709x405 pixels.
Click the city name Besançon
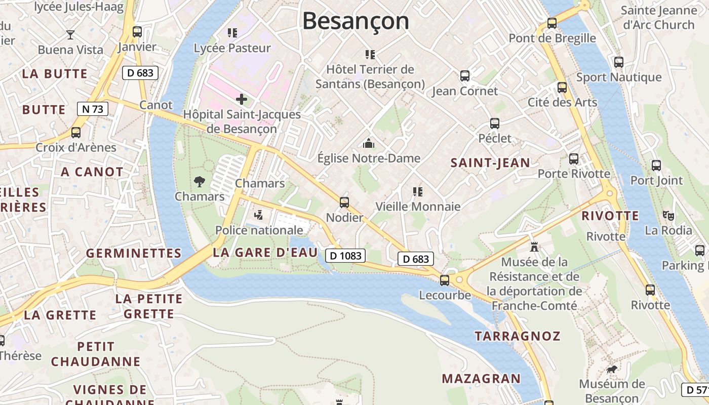tap(356, 21)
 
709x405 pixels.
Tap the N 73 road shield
tap(93, 108)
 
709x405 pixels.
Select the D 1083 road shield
tap(345, 256)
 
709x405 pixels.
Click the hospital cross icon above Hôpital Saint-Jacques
tap(242, 99)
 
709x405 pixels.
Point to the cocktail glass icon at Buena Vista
tap(70, 34)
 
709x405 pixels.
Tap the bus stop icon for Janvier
tap(137, 31)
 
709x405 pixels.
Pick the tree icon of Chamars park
tap(199, 181)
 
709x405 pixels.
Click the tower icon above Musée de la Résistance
tap(534, 248)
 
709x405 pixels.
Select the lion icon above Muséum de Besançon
tap(612, 369)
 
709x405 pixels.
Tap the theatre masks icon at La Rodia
tap(668, 215)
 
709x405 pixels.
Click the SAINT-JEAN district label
tap(490, 163)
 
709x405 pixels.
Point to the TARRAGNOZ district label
tap(517, 336)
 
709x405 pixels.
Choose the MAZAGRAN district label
tap(481, 378)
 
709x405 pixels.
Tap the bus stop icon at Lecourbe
tap(445, 280)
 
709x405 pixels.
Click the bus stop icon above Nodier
tap(344, 202)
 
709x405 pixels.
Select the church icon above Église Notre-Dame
tap(369, 143)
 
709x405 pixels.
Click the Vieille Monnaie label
tap(418, 207)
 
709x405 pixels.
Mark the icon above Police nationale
tap(259, 215)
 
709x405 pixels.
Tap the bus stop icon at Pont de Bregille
tap(552, 23)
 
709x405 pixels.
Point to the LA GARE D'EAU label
tap(265, 253)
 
